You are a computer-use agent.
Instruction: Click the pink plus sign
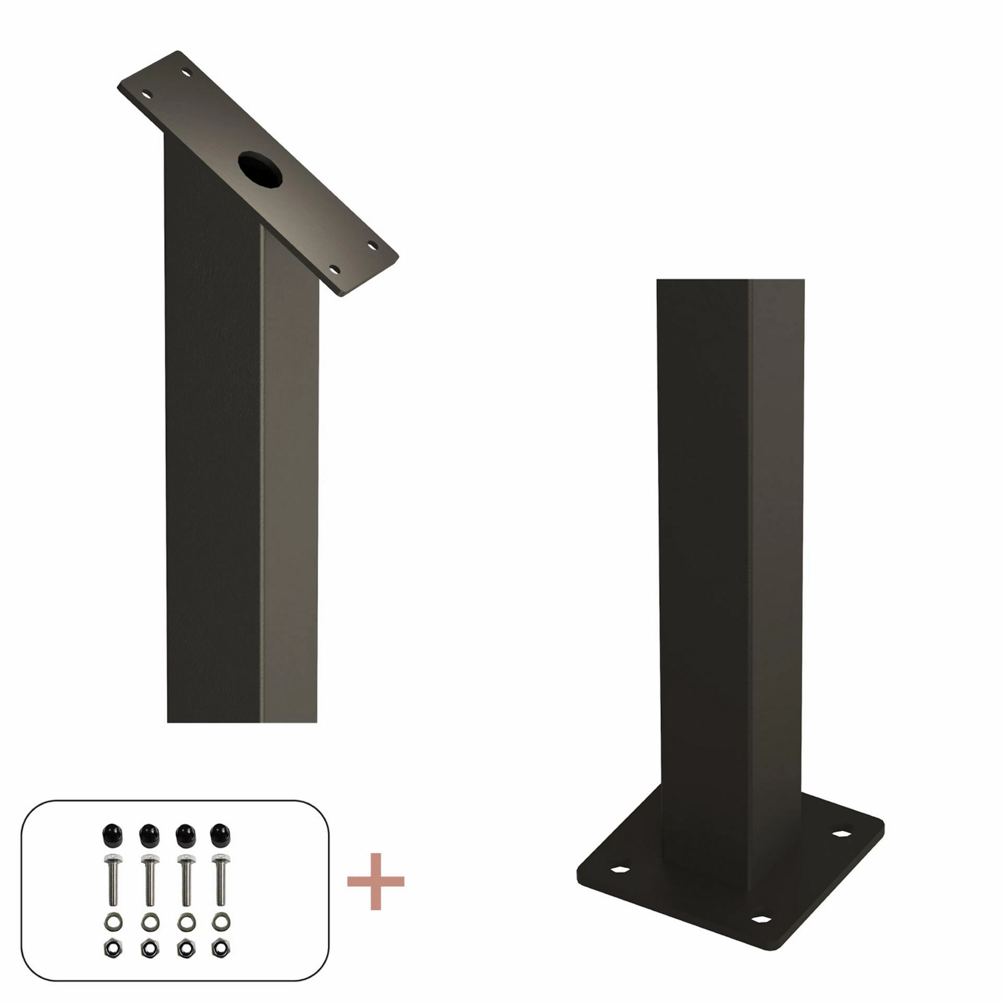(375, 882)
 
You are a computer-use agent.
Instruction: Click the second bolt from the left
(149, 879)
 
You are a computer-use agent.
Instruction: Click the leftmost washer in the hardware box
(112, 922)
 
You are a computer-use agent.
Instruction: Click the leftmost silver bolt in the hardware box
(112, 879)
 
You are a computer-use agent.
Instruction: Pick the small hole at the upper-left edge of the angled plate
(147, 94)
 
